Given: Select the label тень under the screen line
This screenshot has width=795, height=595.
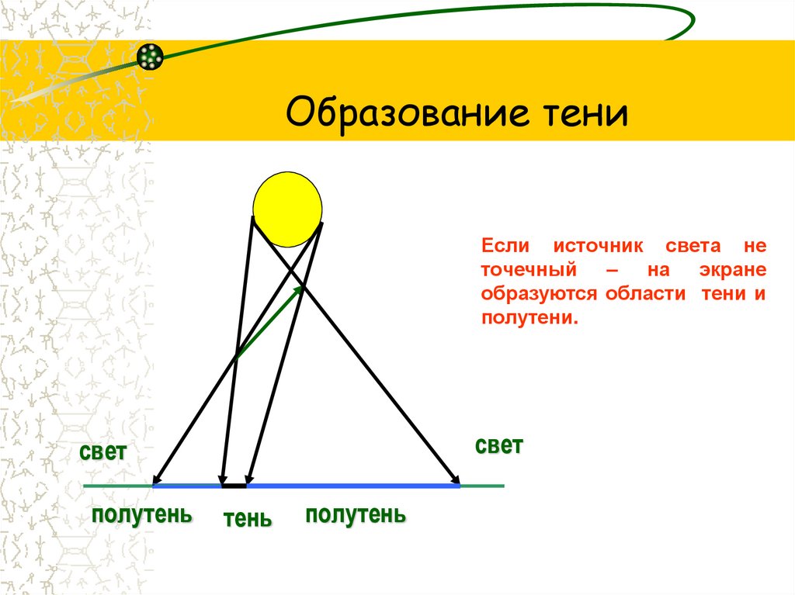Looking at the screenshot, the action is (x=248, y=518).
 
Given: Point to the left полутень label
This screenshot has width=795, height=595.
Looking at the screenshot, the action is (x=142, y=514).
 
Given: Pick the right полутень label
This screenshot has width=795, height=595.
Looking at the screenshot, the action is (x=356, y=514).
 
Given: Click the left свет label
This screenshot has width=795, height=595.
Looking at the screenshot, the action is (x=102, y=453).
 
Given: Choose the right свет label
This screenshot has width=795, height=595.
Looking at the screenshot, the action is (x=498, y=445).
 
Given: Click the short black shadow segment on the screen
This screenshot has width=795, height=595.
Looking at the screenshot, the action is (x=234, y=486).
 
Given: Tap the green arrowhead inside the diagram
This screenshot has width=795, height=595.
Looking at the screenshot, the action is (x=300, y=290).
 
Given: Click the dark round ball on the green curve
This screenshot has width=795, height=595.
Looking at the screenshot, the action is (x=150, y=56).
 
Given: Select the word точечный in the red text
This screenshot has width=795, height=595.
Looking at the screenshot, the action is (x=528, y=270).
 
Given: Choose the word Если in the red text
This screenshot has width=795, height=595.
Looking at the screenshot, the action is (x=505, y=247).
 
